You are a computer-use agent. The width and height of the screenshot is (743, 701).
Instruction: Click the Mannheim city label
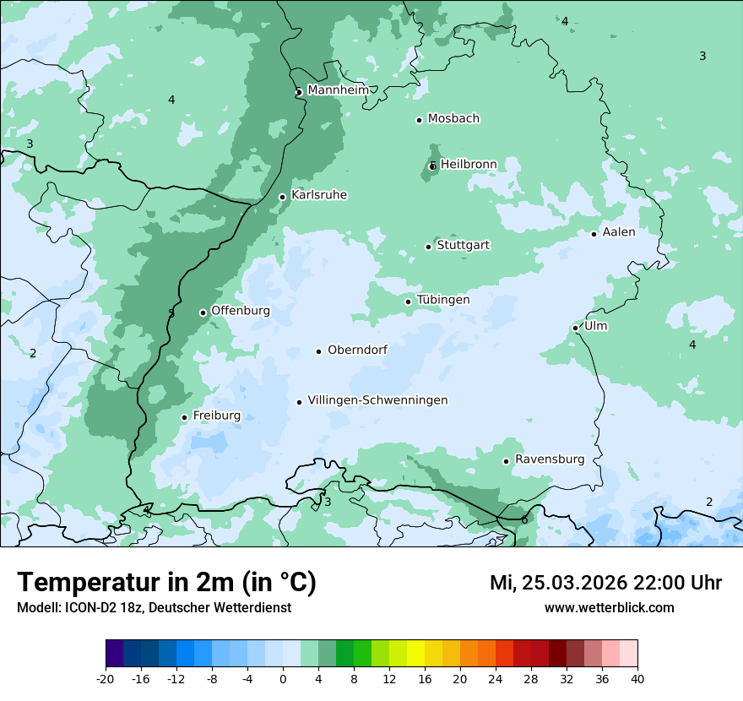[x=338, y=90]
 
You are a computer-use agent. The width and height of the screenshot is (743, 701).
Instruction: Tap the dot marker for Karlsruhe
[x=283, y=197]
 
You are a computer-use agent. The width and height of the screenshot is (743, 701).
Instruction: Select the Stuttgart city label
[x=463, y=246]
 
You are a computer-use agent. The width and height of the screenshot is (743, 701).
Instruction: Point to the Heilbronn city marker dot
[x=432, y=166]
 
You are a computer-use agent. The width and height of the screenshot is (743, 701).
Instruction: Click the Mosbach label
[x=453, y=119]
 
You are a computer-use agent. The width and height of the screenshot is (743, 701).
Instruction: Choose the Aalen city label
[x=618, y=232]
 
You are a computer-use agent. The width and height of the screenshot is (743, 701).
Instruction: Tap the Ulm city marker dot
[x=576, y=328]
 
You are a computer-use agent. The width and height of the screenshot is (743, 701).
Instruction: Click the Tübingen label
[x=442, y=300]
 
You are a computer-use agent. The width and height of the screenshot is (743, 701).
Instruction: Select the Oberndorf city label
[x=357, y=350]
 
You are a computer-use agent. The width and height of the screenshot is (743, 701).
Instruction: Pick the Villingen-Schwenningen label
[x=377, y=400]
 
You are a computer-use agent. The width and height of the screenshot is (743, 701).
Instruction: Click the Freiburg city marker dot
[x=184, y=417]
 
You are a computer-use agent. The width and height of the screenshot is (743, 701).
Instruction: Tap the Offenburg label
[x=241, y=311]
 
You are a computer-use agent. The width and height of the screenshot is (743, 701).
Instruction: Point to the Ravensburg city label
[x=549, y=459]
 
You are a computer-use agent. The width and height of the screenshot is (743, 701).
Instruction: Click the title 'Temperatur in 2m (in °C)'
[x=166, y=583]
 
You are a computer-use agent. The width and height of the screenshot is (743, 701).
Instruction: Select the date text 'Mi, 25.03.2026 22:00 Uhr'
[x=605, y=583]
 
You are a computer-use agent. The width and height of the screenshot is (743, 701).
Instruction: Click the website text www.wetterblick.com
[x=609, y=607]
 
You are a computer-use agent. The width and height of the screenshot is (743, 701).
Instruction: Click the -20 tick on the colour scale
[x=106, y=678]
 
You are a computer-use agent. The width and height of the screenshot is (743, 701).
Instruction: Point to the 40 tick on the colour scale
[x=637, y=678]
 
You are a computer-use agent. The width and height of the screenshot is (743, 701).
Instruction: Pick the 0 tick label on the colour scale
[x=283, y=678]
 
